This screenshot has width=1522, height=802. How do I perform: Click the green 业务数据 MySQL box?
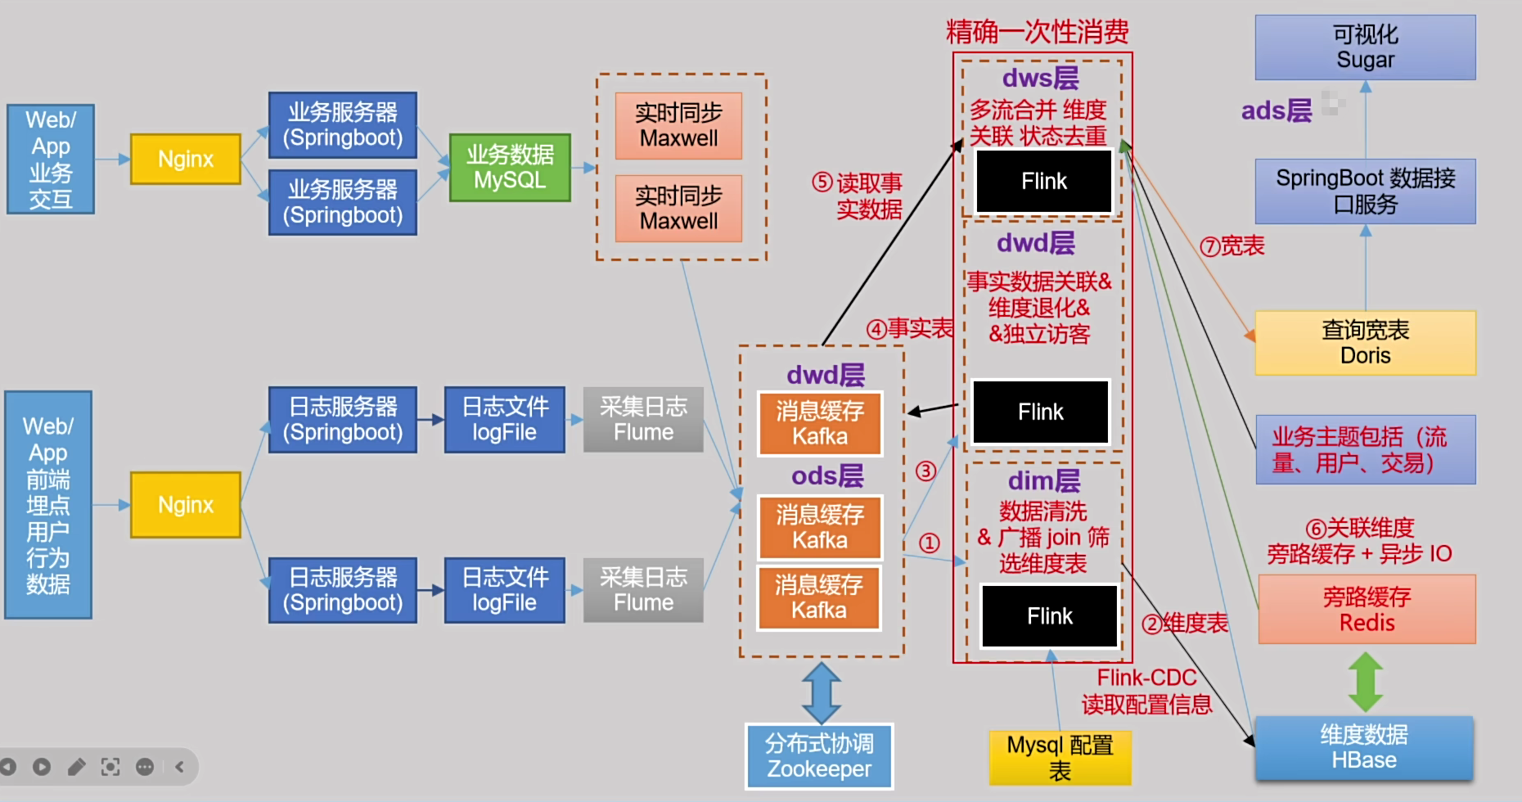tap(510, 168)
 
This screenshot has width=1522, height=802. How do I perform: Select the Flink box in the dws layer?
tap(1044, 182)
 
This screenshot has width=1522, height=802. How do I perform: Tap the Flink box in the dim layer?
tap(1050, 616)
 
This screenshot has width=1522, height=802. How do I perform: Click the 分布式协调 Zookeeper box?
tap(819, 756)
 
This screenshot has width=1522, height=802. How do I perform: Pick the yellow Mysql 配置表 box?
tap(1060, 758)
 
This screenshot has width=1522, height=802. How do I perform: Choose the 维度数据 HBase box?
tap(1364, 747)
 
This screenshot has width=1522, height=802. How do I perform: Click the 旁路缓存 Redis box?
tap(1367, 610)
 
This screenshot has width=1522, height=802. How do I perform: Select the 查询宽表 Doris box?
tap(1365, 343)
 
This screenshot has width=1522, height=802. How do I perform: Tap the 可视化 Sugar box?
tap(1365, 47)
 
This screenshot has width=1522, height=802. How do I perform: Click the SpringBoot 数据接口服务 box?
tap(1365, 191)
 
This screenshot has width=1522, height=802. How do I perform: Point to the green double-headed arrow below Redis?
tap(1366, 681)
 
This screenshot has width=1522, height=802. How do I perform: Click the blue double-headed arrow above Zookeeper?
tap(822, 692)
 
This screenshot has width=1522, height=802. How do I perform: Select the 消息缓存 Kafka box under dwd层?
tap(820, 424)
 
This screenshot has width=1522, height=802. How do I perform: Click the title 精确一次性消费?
tap(1037, 32)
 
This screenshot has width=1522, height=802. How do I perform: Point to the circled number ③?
tap(925, 471)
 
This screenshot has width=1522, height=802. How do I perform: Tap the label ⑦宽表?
tap(1232, 246)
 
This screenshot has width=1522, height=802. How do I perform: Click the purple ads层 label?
tap(1276, 110)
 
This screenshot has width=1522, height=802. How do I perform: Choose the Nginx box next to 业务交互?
tap(186, 159)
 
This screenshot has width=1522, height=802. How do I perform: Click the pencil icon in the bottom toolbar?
tap(76, 767)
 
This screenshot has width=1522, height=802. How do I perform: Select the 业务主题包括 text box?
tap(1365, 450)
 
